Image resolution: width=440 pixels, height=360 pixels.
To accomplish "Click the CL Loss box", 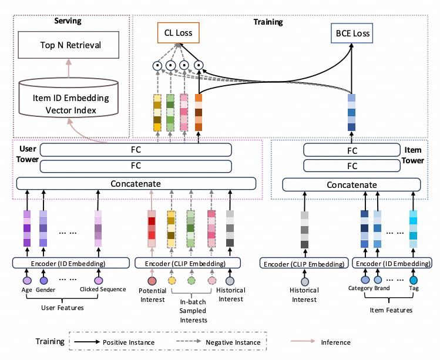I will click(x=178, y=33).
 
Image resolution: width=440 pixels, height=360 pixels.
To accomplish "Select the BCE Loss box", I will click(x=351, y=33).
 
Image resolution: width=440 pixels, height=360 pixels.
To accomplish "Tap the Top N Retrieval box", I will click(x=71, y=45).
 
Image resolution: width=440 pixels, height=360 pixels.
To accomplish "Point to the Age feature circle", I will click(x=27, y=280).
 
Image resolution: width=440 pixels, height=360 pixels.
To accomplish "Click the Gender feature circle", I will click(x=44, y=280).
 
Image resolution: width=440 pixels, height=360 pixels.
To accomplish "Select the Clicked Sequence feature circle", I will click(x=99, y=280).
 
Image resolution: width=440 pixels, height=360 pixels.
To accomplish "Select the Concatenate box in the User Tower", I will click(x=136, y=184).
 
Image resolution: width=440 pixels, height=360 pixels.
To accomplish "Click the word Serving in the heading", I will click(x=68, y=21).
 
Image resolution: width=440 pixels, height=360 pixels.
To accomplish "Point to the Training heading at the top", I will click(x=268, y=22).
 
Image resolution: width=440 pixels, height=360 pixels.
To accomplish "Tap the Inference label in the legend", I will click(x=336, y=342).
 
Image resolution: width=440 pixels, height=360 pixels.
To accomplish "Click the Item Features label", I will click(x=390, y=309).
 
